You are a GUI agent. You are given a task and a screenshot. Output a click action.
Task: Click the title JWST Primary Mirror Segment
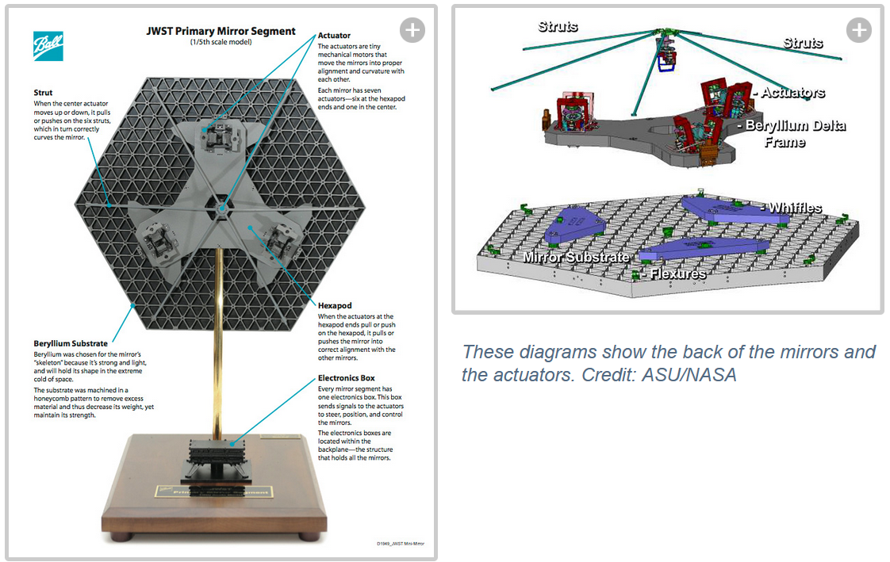coord(221,32)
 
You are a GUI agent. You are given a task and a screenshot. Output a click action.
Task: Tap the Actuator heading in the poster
coord(334,36)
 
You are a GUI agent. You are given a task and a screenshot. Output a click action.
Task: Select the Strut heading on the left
coord(43,93)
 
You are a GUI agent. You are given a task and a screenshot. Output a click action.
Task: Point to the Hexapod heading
coord(335,305)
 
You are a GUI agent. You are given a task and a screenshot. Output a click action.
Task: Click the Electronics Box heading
coord(347,379)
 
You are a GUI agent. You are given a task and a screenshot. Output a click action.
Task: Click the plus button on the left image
coord(412,30)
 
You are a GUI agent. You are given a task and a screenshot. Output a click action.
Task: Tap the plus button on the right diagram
coord(859,30)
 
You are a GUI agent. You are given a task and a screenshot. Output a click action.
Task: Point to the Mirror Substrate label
coord(576,257)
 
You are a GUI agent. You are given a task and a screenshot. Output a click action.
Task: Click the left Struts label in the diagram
coord(558,26)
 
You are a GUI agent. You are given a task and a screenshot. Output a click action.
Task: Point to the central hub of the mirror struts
coord(222,208)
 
